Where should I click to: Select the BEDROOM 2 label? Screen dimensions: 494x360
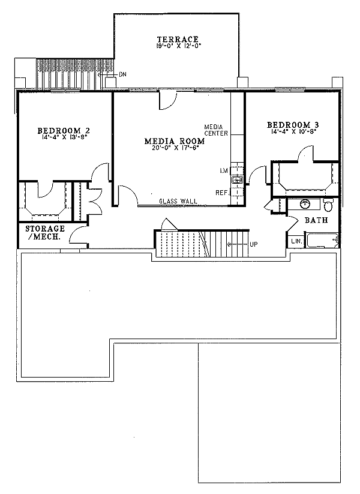64,130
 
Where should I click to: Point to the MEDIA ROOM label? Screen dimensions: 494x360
175,142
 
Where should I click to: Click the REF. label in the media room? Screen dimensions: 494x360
221,193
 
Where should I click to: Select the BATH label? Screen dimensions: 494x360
315,221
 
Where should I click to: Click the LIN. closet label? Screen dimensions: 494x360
297,241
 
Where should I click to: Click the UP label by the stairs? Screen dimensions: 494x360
254,244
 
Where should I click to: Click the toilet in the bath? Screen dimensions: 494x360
328,206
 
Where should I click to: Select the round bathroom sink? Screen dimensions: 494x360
305,204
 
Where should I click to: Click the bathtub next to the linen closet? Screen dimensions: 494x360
323,241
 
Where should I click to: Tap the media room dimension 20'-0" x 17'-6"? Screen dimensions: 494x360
175,149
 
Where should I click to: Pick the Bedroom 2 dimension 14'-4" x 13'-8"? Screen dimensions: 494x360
64,137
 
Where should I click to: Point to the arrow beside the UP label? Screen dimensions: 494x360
239,244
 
